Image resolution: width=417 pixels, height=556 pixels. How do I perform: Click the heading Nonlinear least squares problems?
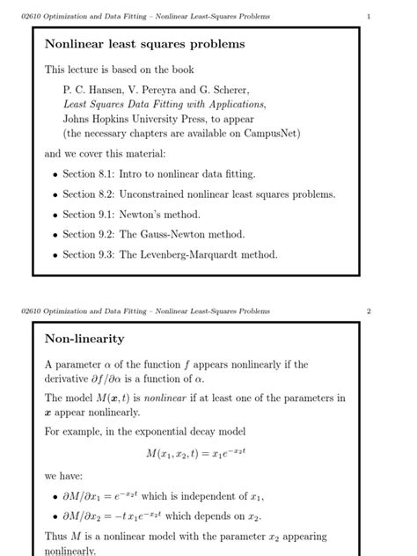(145, 44)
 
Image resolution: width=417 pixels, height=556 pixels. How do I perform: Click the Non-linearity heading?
(84, 339)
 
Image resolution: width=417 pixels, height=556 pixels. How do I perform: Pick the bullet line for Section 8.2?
(199, 194)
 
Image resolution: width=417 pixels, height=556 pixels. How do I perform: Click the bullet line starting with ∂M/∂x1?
(164, 496)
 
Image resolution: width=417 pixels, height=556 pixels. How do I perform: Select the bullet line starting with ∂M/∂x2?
(162, 516)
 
